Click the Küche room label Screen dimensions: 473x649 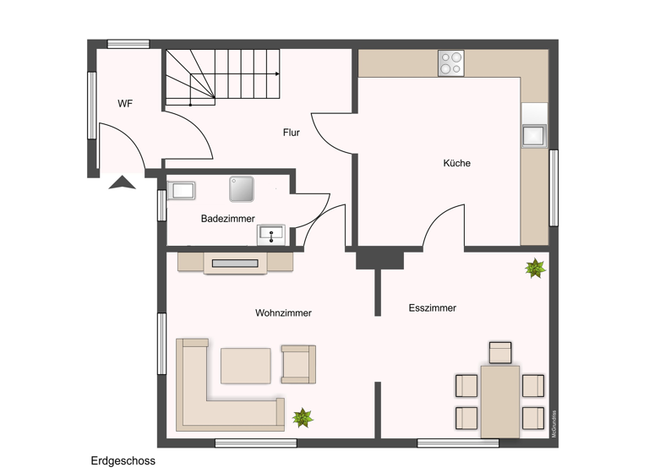click(x=456, y=163)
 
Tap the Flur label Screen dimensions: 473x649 click(x=291, y=133)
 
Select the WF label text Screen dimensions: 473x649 click(x=125, y=104)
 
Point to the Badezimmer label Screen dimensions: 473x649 click(x=228, y=219)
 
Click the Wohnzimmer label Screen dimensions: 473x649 click(x=283, y=313)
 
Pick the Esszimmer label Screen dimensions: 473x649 click(x=432, y=308)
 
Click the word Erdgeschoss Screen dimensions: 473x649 click(x=123, y=461)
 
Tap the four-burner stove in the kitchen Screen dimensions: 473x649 click(x=450, y=63)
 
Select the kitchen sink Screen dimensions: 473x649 click(x=533, y=135)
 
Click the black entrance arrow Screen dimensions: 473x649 click(x=123, y=182)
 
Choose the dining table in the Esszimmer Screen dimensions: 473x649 click(x=499, y=400)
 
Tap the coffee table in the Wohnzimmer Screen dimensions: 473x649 click(x=245, y=366)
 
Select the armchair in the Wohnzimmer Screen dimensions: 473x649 click(x=297, y=363)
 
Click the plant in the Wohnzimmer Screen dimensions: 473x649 click(x=302, y=417)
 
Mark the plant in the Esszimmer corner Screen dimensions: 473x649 click(x=535, y=269)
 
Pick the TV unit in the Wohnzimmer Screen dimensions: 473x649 click(x=235, y=263)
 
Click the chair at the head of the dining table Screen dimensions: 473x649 click(x=500, y=352)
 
